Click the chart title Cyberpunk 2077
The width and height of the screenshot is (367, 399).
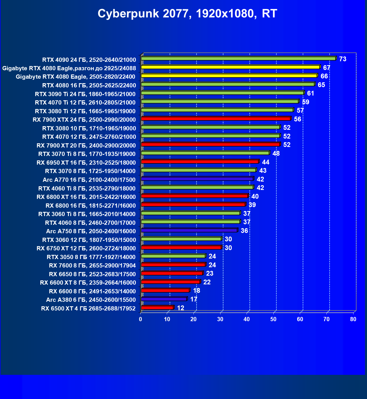pos(187,13)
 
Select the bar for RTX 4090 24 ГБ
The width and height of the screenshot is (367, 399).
pos(238,58)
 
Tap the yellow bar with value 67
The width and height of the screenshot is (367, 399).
pos(231,67)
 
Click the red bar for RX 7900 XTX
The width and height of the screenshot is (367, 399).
pos(216,119)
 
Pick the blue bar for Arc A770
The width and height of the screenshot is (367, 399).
pos(197,179)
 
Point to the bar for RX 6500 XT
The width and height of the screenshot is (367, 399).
pos(157,308)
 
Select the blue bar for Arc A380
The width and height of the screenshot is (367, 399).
pos(164,299)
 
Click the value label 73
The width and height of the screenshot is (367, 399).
pos(343,59)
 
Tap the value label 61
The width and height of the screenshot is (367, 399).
pos(310,93)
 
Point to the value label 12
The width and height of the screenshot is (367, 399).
pos(181,308)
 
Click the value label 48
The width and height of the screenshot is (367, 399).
pos(276,153)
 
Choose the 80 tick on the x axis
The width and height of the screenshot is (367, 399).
pos(353,319)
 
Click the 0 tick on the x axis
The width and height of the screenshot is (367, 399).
pos(141,319)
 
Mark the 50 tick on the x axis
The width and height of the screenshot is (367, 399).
pos(273,319)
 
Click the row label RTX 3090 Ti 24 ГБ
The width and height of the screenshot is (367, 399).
pos(85,94)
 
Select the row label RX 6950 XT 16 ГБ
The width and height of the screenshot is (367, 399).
pos(86,162)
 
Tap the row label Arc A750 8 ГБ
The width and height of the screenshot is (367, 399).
pos(91,231)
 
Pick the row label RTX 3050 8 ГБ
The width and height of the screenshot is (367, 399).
pos(91,257)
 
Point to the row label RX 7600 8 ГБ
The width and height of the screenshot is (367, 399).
pos(92,266)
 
